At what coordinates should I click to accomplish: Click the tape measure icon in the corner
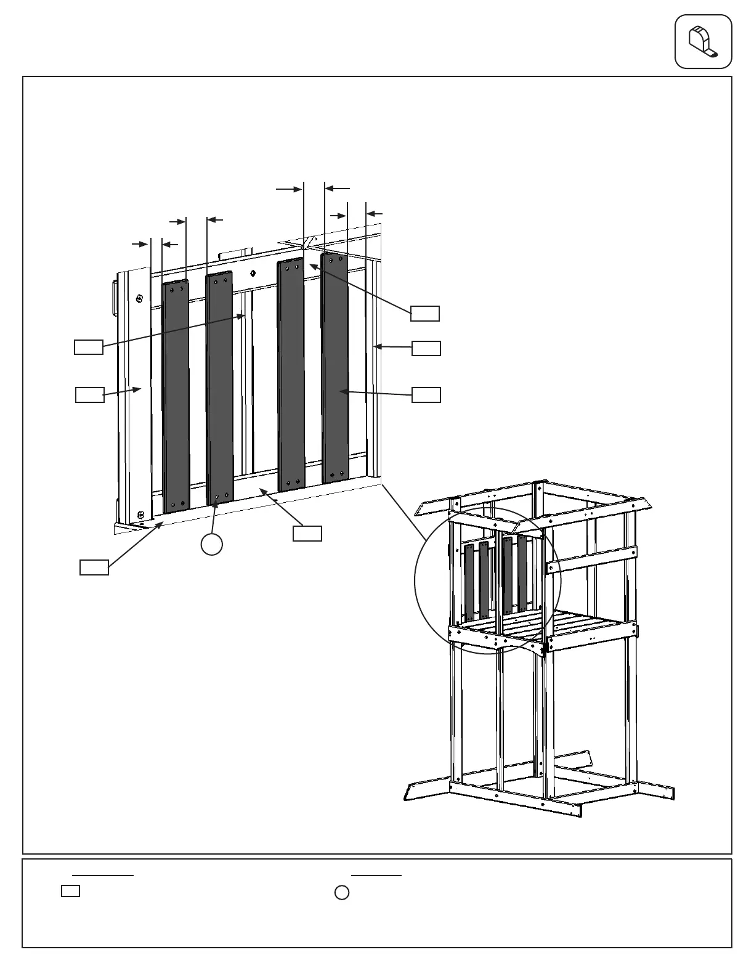click(x=703, y=41)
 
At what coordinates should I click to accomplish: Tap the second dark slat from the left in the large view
click(x=219, y=388)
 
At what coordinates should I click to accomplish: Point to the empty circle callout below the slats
click(x=211, y=544)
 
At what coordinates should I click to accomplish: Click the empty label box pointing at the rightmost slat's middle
click(x=426, y=394)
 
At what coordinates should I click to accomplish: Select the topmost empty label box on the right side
click(x=425, y=313)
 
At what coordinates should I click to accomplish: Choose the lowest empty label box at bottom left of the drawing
click(x=94, y=567)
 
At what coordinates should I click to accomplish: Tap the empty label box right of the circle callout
click(x=307, y=534)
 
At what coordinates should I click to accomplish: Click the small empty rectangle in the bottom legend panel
click(x=70, y=891)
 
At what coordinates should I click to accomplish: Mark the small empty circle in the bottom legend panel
click(x=342, y=892)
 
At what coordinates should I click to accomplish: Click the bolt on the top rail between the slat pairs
click(x=253, y=273)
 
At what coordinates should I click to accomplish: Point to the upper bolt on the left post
click(x=140, y=298)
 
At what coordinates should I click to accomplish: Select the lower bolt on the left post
click(x=140, y=515)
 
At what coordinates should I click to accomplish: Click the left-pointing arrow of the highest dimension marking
click(x=338, y=187)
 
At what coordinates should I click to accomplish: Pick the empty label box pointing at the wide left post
click(x=89, y=394)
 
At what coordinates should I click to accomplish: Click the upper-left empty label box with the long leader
click(x=88, y=346)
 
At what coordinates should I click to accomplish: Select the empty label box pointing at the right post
click(x=426, y=348)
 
